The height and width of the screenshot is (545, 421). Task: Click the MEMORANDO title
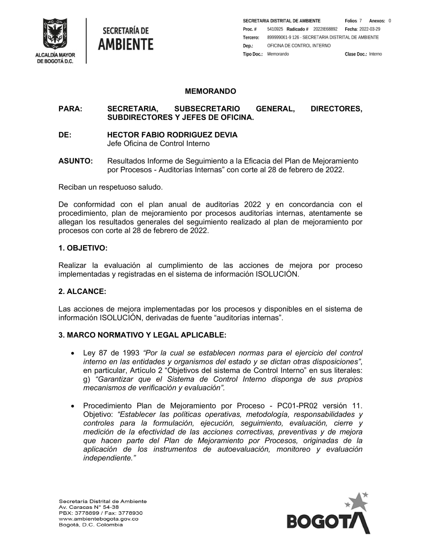click(210, 91)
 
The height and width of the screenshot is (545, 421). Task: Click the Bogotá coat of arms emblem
click(55, 34)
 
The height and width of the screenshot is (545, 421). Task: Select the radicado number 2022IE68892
click(325, 29)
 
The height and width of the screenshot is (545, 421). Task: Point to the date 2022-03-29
click(370, 29)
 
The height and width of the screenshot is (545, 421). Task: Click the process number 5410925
click(275, 29)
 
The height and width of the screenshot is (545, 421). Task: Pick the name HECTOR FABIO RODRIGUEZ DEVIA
click(172, 135)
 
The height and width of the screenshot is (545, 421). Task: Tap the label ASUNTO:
click(75, 161)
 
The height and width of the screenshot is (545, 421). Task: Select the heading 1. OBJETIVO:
click(83, 248)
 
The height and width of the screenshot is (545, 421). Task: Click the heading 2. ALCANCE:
click(82, 291)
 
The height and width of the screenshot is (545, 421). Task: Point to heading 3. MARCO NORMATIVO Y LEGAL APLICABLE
click(142, 335)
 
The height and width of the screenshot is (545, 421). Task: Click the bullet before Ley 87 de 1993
click(73, 353)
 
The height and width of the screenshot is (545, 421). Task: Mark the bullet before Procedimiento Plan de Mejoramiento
click(73, 406)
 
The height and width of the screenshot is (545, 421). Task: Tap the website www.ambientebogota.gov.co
click(99, 519)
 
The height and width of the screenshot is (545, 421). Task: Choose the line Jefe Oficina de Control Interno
click(158, 144)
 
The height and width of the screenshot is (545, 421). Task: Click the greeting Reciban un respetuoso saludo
click(110, 187)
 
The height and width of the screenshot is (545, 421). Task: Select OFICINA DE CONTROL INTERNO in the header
click(299, 45)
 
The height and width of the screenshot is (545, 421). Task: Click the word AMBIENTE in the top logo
click(126, 44)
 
